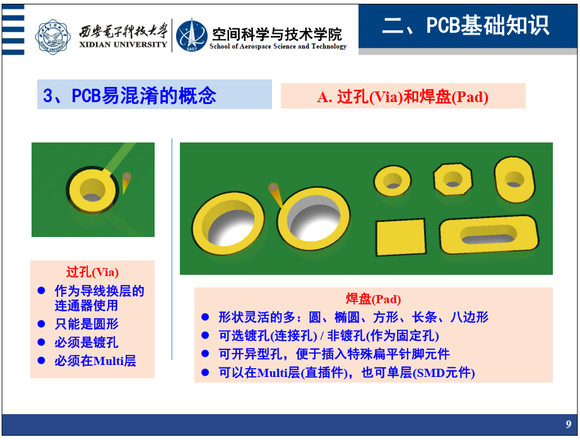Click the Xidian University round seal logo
click(53, 37)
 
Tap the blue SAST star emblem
click(191, 35)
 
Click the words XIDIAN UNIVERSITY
click(123, 45)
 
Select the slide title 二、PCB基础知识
click(465, 25)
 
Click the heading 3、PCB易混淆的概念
click(129, 95)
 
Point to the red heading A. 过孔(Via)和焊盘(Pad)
click(403, 97)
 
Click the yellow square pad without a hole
click(401, 237)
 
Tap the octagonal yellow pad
click(453, 179)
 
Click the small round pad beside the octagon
click(393, 181)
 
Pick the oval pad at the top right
click(514, 180)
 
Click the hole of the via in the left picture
click(92, 190)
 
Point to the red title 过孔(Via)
click(93, 272)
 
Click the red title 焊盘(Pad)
click(373, 299)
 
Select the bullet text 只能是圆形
click(86, 324)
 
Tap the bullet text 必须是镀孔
click(86, 342)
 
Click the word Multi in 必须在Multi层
click(108, 361)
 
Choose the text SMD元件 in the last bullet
click(443, 373)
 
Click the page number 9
click(569, 424)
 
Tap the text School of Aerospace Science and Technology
click(278, 47)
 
